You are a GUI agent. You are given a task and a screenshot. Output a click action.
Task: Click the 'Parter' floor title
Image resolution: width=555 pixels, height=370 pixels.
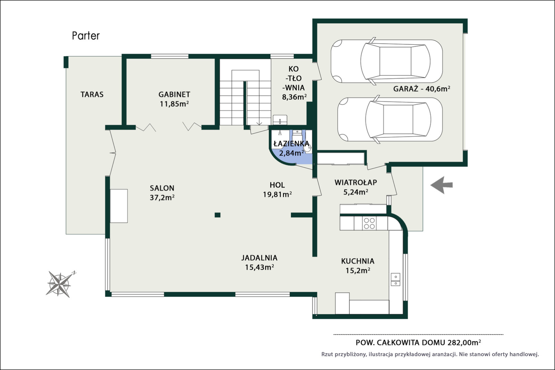(x=86, y=36)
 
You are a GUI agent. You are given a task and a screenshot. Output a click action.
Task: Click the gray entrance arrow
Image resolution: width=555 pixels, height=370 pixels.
(x=441, y=185)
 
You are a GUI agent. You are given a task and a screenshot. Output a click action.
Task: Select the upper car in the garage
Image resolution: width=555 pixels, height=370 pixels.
(x=387, y=61)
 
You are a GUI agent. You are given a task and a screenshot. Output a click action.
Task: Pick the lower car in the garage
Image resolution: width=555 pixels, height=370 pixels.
(x=390, y=119)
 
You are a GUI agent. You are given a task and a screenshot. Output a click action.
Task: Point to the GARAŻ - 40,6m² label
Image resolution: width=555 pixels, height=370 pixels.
(x=422, y=89)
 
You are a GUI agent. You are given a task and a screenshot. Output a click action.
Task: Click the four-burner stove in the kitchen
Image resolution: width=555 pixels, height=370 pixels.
(x=369, y=223)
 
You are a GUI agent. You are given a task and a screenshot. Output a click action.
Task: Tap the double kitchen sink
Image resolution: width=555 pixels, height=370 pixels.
(x=396, y=279)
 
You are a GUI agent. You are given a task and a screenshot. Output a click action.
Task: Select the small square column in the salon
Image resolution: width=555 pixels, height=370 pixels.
(x=217, y=215)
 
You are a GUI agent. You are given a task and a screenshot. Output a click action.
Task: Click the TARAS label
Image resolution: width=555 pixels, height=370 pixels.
(x=92, y=94)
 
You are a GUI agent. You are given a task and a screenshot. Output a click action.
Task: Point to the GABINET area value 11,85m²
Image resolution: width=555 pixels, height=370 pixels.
(x=174, y=104)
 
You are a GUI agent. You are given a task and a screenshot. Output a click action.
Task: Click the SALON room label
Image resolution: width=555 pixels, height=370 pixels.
(x=162, y=188)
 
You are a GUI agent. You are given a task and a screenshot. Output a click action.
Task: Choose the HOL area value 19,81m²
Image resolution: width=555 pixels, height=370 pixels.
(x=277, y=194)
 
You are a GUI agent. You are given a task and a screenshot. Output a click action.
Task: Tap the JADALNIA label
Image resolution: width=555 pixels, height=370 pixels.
(x=259, y=258)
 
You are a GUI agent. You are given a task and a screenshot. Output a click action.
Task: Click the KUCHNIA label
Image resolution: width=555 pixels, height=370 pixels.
(x=358, y=261)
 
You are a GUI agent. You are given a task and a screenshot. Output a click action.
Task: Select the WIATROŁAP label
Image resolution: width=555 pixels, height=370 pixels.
(x=356, y=182)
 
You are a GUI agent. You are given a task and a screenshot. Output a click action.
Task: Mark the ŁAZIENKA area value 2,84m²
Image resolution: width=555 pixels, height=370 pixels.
(x=292, y=153)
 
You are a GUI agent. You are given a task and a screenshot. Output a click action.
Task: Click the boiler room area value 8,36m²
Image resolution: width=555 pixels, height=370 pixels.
(x=295, y=97)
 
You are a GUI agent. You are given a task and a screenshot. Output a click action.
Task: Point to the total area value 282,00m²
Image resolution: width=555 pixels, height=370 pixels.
(x=464, y=343)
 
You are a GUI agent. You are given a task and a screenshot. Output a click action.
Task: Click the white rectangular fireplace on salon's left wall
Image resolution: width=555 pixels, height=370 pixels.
(x=119, y=206)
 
